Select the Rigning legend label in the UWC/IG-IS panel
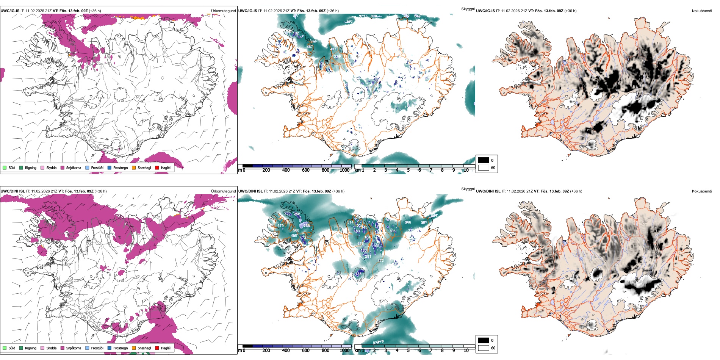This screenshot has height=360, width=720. coord(31,167)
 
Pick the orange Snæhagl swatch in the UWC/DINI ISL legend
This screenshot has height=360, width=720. coord(134,348)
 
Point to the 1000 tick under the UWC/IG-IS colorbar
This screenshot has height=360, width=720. coord(344,170)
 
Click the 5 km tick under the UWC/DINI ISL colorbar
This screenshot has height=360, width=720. coord(408,351)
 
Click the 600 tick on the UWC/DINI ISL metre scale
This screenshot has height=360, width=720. coord(305,351)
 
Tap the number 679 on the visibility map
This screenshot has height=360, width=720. coord(280,226)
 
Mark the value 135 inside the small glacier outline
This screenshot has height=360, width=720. coord(358,274)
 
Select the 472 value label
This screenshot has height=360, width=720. coord(380,261)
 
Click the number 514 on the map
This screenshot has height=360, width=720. coord(350,222)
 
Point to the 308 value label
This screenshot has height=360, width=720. coord(392,231)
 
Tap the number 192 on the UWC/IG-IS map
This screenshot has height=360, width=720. coord(296,33)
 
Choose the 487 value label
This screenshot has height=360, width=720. coord(310,47)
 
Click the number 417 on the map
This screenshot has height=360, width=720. coord(333,49)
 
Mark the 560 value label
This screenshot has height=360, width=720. coord(296,230)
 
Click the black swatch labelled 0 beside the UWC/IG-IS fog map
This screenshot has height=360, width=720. coord(484,160)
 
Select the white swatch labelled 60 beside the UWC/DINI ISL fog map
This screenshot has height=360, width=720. coord(484,348)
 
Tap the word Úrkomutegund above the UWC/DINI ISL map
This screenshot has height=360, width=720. coord(224,191)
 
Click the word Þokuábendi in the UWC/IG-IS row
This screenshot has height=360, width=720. coord(702,11)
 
